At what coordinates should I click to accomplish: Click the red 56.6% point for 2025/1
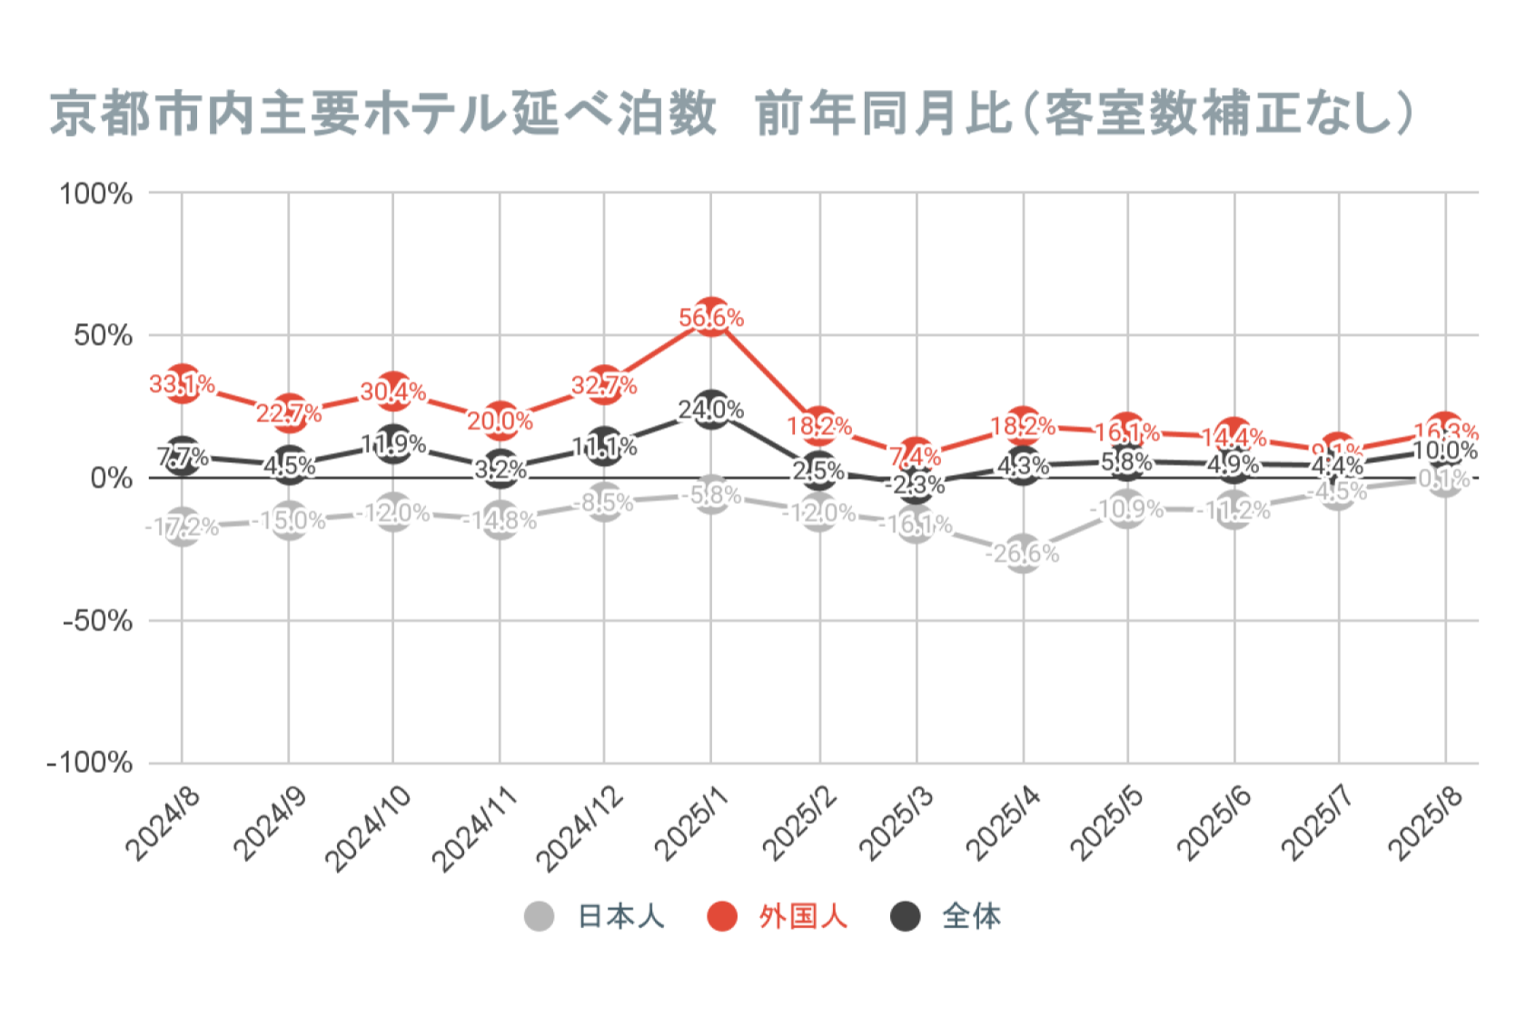pyautogui.click(x=711, y=317)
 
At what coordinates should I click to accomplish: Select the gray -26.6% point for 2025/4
pyautogui.click(x=1023, y=553)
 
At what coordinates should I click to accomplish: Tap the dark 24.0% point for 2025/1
pyautogui.click(x=711, y=410)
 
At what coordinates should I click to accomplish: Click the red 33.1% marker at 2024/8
pyautogui.click(x=183, y=383)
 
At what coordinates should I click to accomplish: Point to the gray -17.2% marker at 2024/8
pyautogui.click(x=183, y=527)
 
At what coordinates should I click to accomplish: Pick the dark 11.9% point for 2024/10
pyautogui.click(x=393, y=444)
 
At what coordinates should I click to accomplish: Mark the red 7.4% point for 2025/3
pyautogui.click(x=916, y=456)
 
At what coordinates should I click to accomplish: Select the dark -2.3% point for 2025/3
pyautogui.click(x=916, y=484)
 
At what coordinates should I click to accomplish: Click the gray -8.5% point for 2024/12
pyautogui.click(x=604, y=502)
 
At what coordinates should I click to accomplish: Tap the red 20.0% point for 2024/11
pyautogui.click(x=500, y=420)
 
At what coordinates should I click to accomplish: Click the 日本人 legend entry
pyautogui.click(x=596, y=916)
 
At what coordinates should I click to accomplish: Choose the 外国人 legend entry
pyautogui.click(x=778, y=916)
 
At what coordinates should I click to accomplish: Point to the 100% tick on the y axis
pyautogui.click(x=96, y=193)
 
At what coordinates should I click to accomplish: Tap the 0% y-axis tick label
pyautogui.click(x=112, y=479)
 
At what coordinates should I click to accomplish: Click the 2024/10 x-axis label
pyautogui.click(x=369, y=828)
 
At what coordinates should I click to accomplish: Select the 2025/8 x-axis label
pyautogui.click(x=1426, y=823)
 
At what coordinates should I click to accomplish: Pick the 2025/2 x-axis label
pyautogui.click(x=800, y=823)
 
